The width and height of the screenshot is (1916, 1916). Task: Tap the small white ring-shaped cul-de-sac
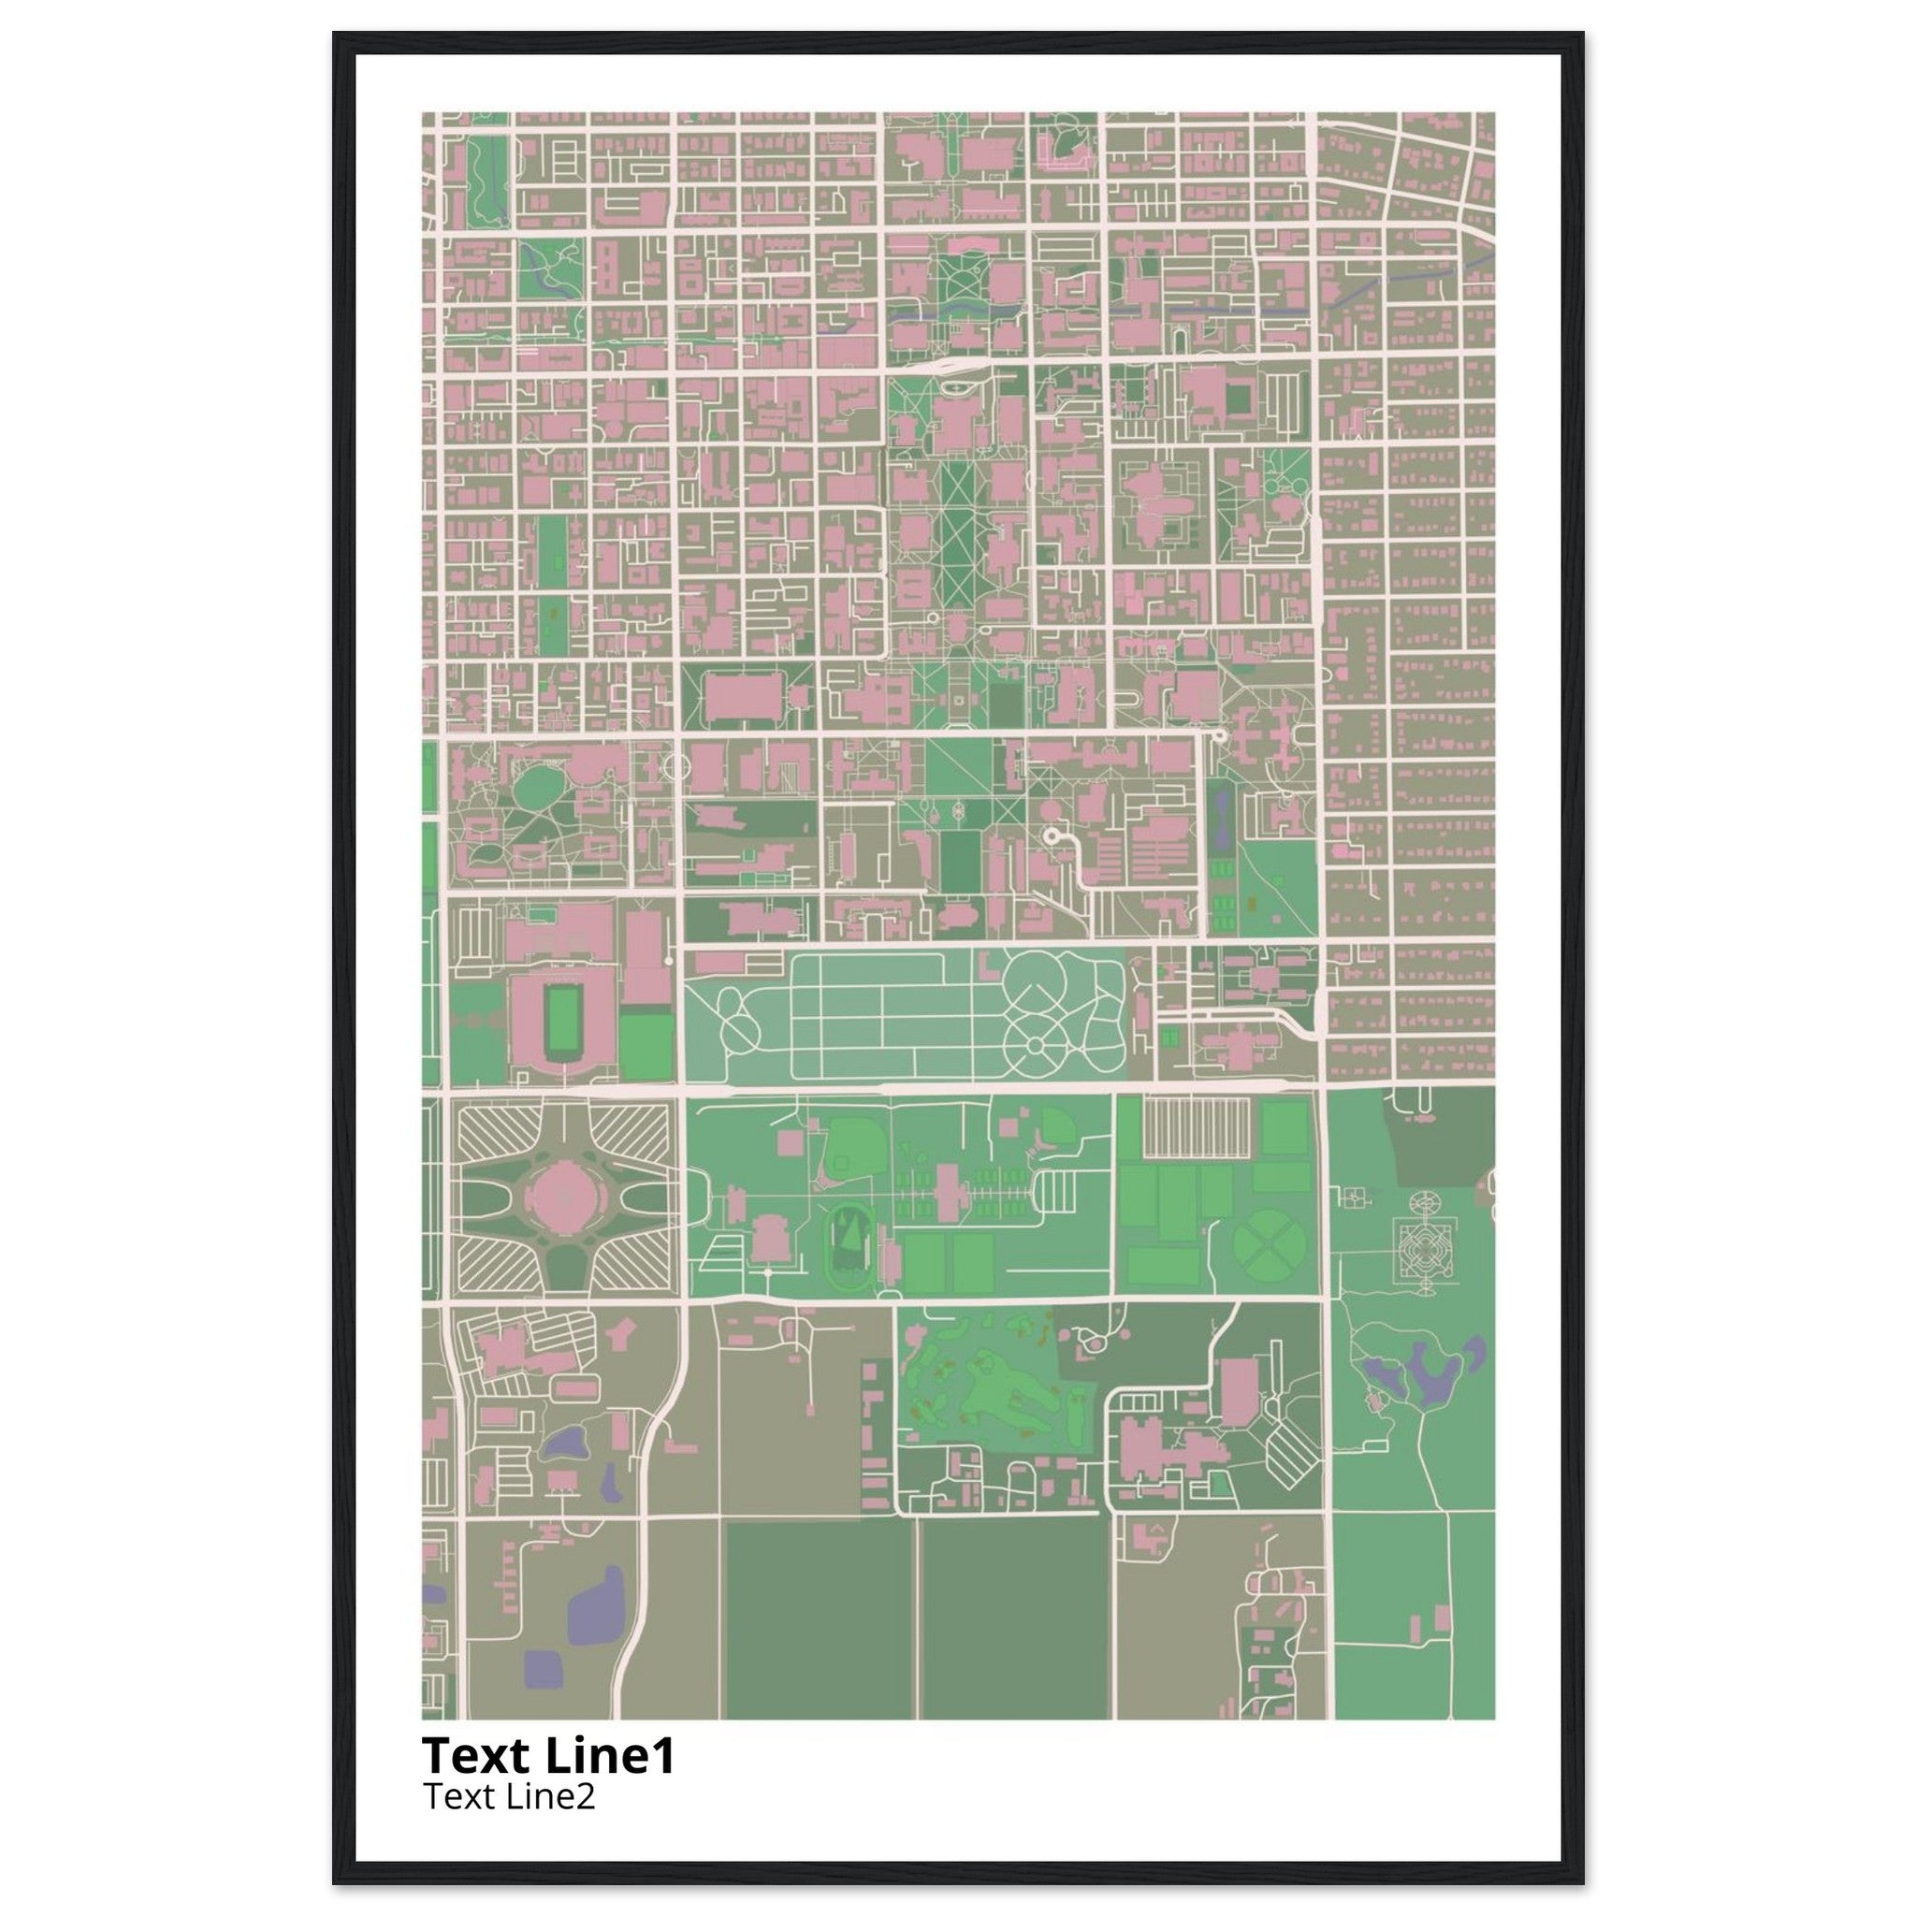1051,837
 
